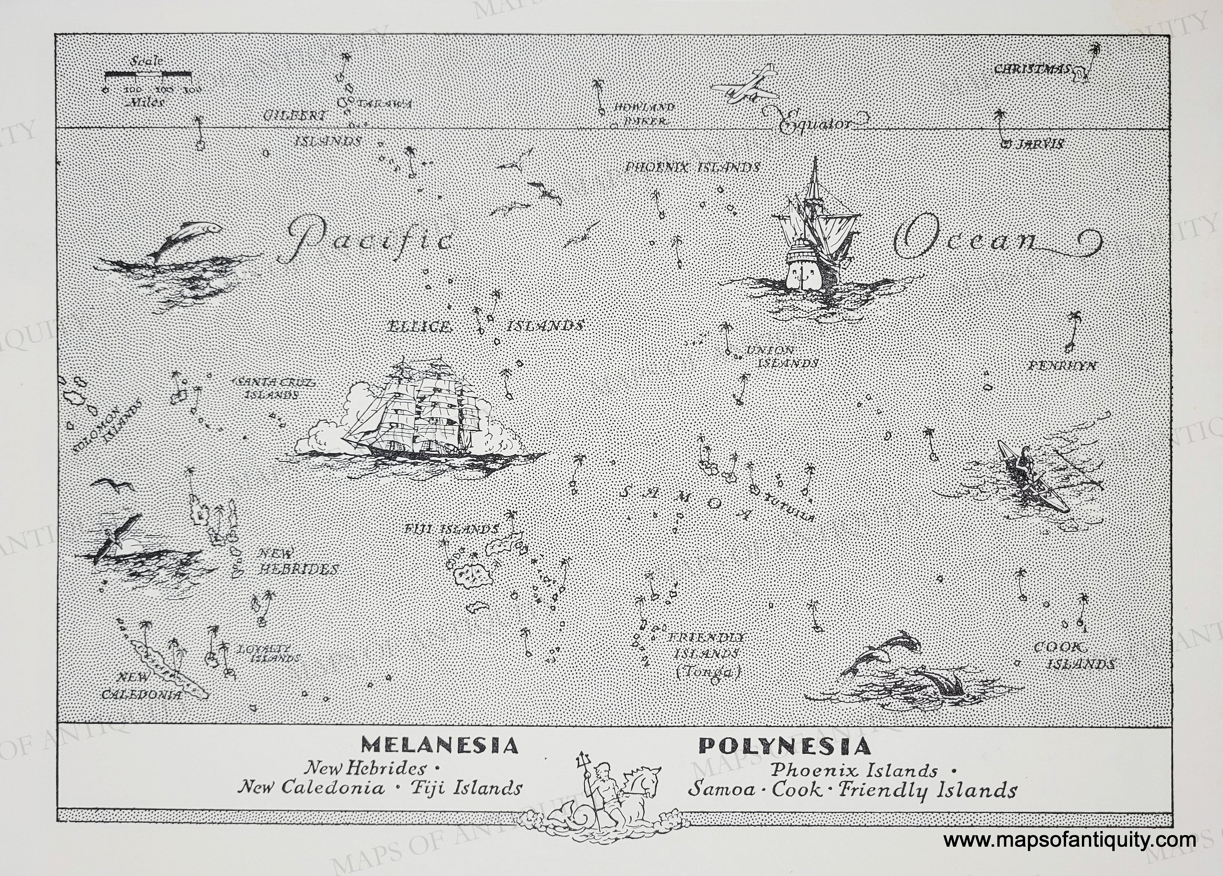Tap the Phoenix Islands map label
[692, 168]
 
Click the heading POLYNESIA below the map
[785, 746]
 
